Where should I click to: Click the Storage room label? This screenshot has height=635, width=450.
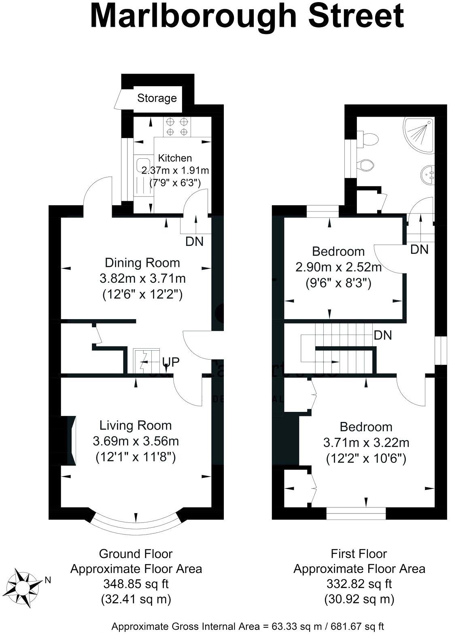pyautogui.click(x=157, y=98)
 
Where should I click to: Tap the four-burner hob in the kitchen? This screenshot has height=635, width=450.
pyautogui.click(x=176, y=126)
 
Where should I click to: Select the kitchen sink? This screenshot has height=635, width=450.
pyautogui.click(x=143, y=166)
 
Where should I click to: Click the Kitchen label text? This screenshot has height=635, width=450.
pyautogui.click(x=175, y=158)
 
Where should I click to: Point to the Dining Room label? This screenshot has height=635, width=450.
pyautogui.click(x=142, y=263)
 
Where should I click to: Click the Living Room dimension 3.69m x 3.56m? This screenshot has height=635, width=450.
pyautogui.click(x=136, y=441)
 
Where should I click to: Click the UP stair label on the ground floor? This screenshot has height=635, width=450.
pyautogui.click(x=170, y=362)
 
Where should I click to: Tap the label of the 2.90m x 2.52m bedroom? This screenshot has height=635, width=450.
pyautogui.click(x=338, y=251)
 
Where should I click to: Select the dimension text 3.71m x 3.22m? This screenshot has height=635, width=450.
pyautogui.click(x=366, y=443)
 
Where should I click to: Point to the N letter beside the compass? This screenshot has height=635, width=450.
pyautogui.click(x=48, y=580)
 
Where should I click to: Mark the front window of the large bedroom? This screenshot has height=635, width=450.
pyautogui.click(x=356, y=514)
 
